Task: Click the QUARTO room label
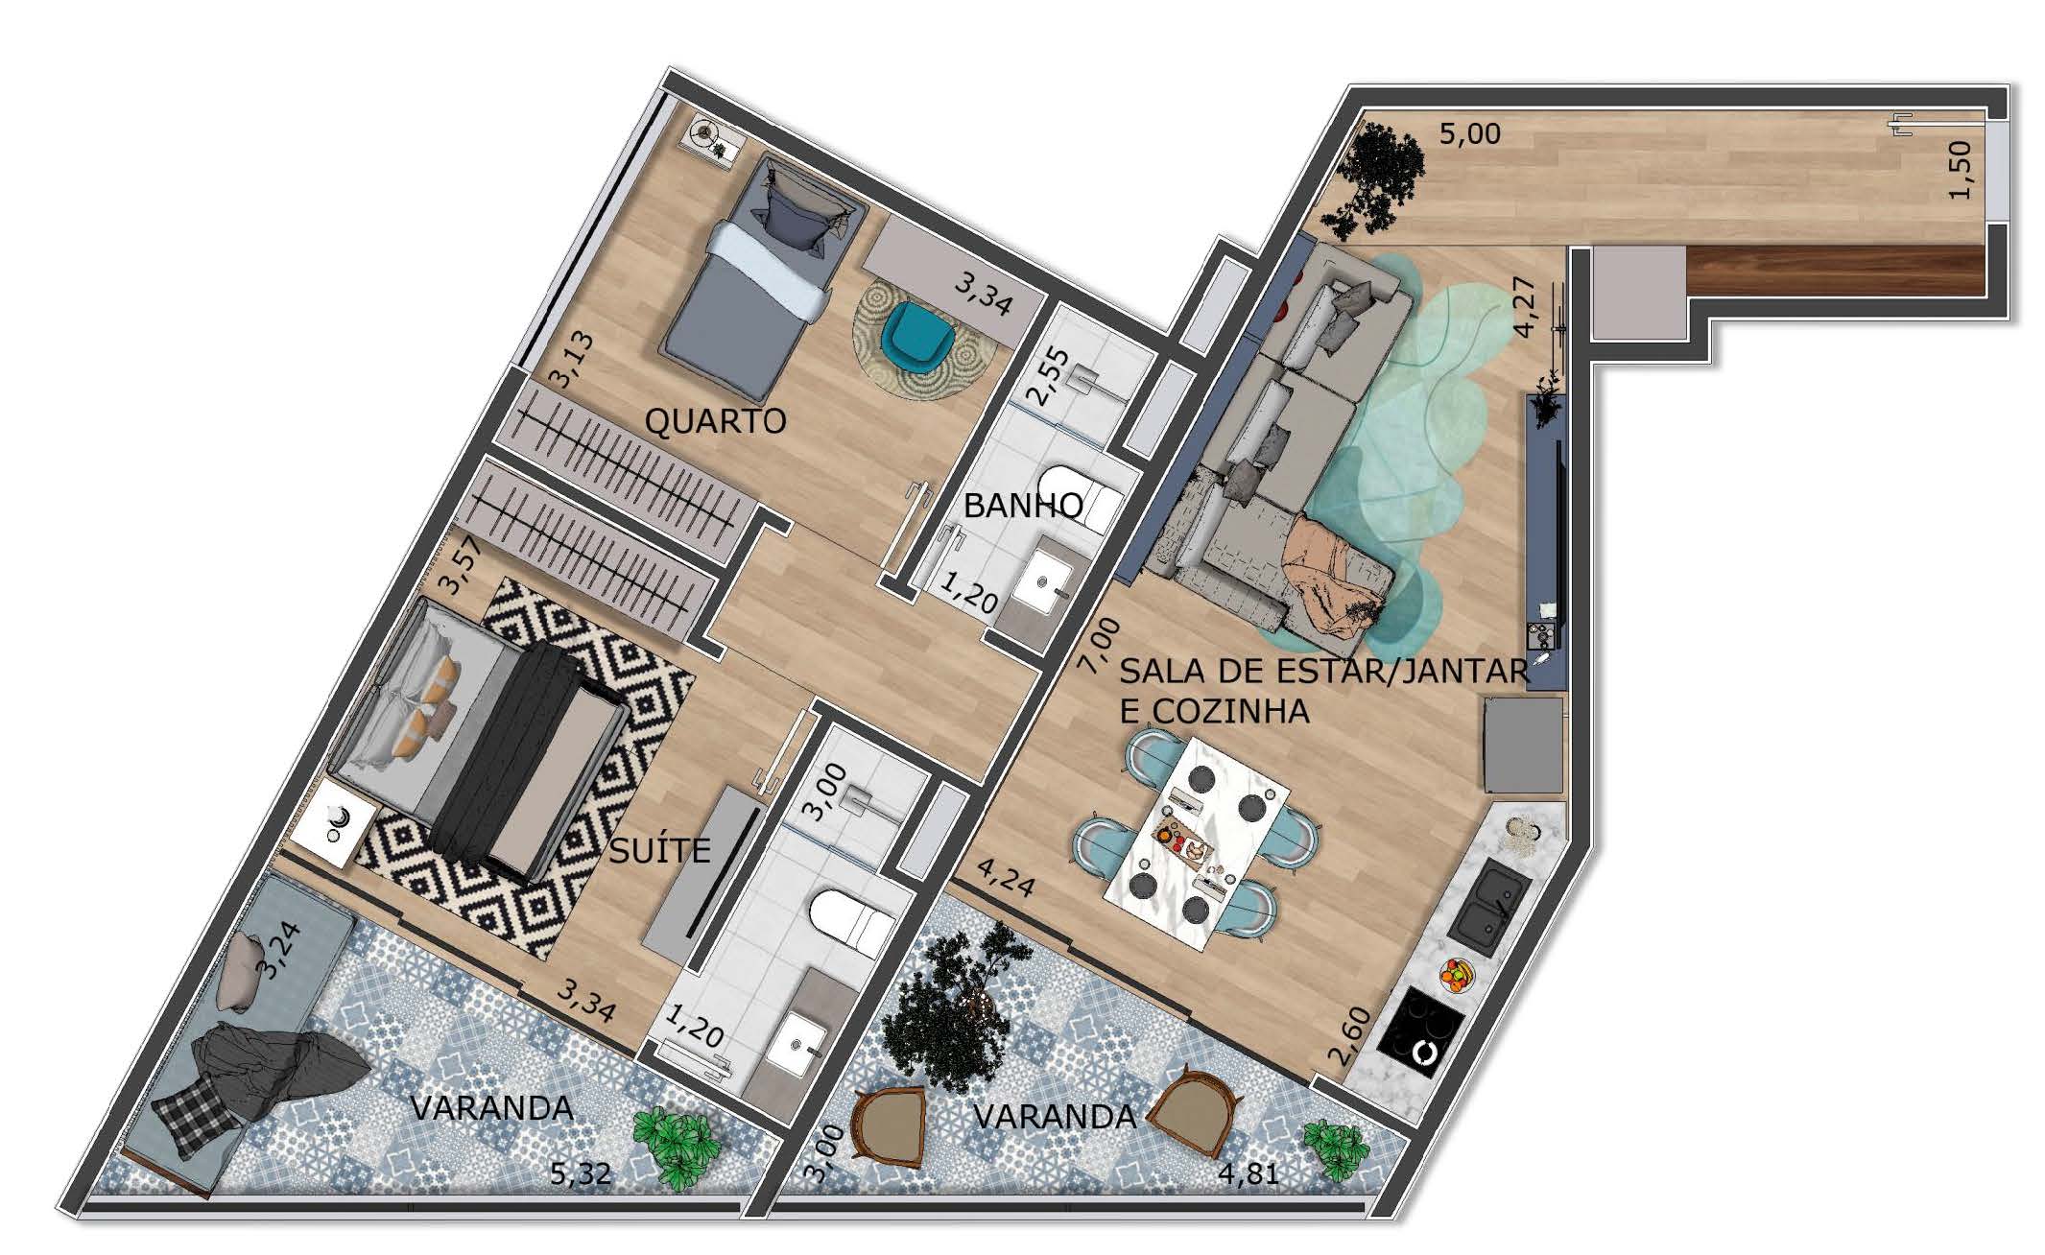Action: click(x=715, y=420)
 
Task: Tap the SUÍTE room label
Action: click(x=660, y=850)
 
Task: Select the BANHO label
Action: click(x=1023, y=505)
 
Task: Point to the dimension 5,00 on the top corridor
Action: click(x=1469, y=133)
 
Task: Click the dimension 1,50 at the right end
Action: click(x=1960, y=171)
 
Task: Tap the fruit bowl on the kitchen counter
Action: click(x=1456, y=976)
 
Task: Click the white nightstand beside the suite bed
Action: click(x=333, y=823)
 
